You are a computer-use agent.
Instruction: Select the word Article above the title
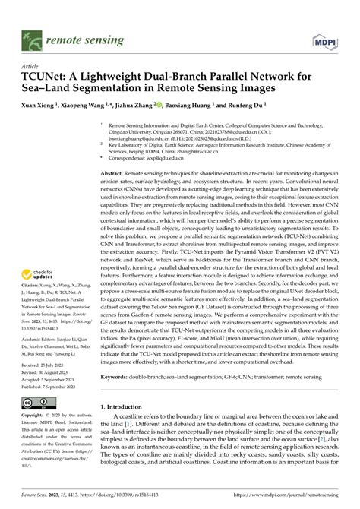point(33,67)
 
